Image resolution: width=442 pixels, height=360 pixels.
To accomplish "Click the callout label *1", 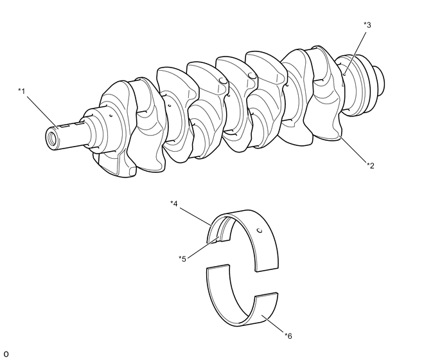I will pyautogui.click(x=22, y=91).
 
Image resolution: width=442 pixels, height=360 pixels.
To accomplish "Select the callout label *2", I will pyautogui.click(x=370, y=165).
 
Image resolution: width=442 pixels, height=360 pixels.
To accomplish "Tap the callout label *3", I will pyautogui.click(x=367, y=25).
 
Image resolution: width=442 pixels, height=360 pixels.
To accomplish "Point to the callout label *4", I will pyautogui.click(x=173, y=204).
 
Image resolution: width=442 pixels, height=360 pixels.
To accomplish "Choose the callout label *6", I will pyautogui.click(x=288, y=335).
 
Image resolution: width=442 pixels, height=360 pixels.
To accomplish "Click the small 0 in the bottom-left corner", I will pyautogui.click(x=6, y=354).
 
